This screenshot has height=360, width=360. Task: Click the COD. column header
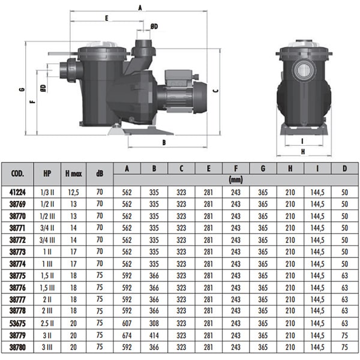[x=17, y=173]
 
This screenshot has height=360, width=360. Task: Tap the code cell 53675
[x=17, y=323]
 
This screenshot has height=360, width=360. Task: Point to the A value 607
[x=127, y=323]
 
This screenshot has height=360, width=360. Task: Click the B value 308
[x=154, y=323]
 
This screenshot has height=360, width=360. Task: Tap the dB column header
[x=99, y=173]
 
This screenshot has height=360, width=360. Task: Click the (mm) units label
[x=235, y=179]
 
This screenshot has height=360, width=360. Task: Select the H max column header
[x=73, y=173]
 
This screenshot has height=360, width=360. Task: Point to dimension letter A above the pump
[x=140, y=8]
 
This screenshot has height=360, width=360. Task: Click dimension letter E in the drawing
[x=106, y=19]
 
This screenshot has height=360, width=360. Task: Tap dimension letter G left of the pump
[x=22, y=91]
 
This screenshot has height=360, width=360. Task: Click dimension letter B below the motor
[x=163, y=143]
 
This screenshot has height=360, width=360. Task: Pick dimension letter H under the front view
[x=304, y=152]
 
